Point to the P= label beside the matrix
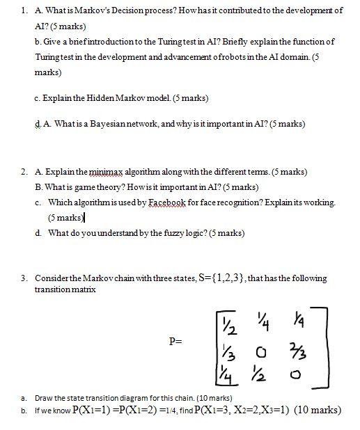point(177,342)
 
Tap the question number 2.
point(24,172)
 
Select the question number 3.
point(24,279)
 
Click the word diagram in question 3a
point(110,398)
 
